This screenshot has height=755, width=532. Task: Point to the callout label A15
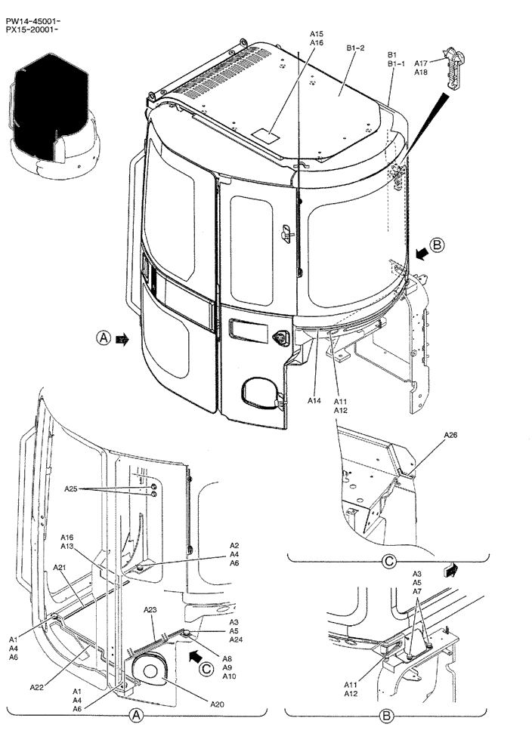[x=317, y=34]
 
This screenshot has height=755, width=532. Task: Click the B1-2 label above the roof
[x=356, y=48]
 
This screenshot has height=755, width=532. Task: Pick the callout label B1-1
[x=396, y=64]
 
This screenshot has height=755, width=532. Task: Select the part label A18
[x=421, y=72]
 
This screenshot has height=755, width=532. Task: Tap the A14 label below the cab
[x=315, y=401]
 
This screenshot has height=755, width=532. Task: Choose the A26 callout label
[x=450, y=435]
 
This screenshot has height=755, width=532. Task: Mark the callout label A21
[x=60, y=567]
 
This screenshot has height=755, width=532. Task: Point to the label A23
[x=150, y=609]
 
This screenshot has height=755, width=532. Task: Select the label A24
[x=237, y=639]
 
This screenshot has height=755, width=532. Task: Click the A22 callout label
[x=36, y=687]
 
